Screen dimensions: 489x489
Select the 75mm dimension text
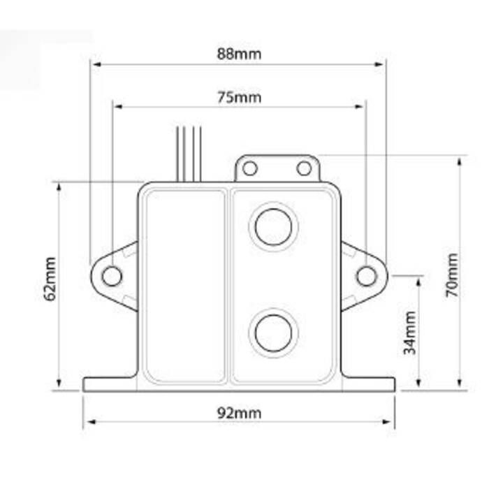click(238, 97)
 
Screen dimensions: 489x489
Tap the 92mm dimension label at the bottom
click(238, 413)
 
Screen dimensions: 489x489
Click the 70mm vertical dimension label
click(453, 275)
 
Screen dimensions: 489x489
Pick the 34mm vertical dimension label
click(410, 333)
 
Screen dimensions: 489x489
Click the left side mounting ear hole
click(112, 276)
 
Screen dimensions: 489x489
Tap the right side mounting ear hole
click(366, 276)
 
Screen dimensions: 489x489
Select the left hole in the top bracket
click(250, 168)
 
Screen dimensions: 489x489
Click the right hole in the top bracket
click(304, 168)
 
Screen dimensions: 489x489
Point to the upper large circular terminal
click(273, 226)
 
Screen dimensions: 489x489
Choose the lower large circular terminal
click(273, 333)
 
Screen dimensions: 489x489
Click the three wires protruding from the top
click(189, 152)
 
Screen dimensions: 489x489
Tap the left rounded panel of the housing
click(184, 285)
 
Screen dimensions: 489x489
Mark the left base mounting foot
click(108, 384)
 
